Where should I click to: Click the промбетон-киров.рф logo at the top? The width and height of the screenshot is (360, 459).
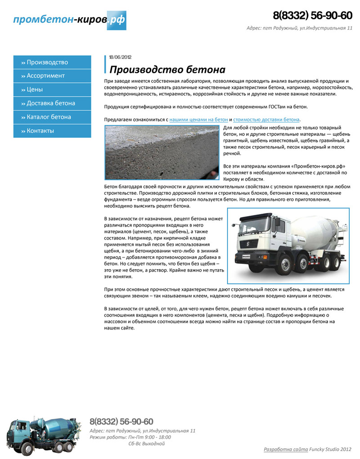69,20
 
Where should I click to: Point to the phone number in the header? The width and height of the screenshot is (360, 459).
312,15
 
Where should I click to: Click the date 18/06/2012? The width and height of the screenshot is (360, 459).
120,57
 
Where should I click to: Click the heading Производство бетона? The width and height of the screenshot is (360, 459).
167,70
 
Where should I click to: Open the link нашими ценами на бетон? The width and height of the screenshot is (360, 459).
198,120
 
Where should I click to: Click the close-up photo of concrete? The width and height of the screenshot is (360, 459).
162,152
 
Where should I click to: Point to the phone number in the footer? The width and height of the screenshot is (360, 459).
121,422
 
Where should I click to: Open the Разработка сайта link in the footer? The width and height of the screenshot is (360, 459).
286,449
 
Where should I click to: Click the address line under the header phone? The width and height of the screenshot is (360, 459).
299,28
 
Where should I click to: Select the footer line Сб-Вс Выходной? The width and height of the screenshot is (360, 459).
147,444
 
